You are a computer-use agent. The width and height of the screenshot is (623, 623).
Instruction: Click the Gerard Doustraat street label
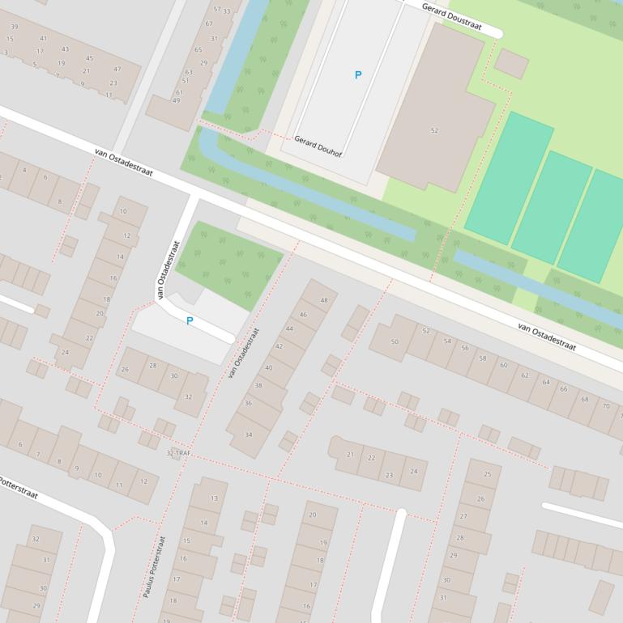click(452, 16)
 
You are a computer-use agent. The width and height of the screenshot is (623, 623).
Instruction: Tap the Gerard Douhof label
click(318, 146)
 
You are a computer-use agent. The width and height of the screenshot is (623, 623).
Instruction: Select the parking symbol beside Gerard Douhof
click(357, 75)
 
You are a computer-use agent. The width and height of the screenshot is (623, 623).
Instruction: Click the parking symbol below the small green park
click(190, 321)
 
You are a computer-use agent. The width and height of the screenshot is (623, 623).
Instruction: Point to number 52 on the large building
click(434, 130)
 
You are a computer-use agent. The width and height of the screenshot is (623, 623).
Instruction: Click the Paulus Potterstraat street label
click(155, 567)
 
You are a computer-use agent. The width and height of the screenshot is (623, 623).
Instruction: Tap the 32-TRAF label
click(177, 453)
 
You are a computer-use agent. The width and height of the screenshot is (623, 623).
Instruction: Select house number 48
click(325, 300)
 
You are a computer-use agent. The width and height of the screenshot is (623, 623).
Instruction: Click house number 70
click(605, 405)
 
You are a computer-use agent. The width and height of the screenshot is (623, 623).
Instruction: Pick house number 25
click(487, 474)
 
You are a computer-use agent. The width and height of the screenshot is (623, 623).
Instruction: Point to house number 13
click(214, 498)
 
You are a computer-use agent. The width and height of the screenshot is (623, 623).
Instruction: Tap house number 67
click(209, 23)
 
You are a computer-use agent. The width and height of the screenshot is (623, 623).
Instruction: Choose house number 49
click(176, 100)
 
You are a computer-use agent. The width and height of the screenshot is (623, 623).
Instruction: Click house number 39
click(14, 26)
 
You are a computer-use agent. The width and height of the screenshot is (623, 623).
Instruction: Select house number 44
click(289, 329)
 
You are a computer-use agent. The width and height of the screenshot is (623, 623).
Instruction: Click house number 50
click(395, 341)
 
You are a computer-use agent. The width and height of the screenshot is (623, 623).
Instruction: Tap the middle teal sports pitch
click(551, 206)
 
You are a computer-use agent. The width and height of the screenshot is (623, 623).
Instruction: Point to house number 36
click(247, 403)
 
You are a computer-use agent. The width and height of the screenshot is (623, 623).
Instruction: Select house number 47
click(117, 70)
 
